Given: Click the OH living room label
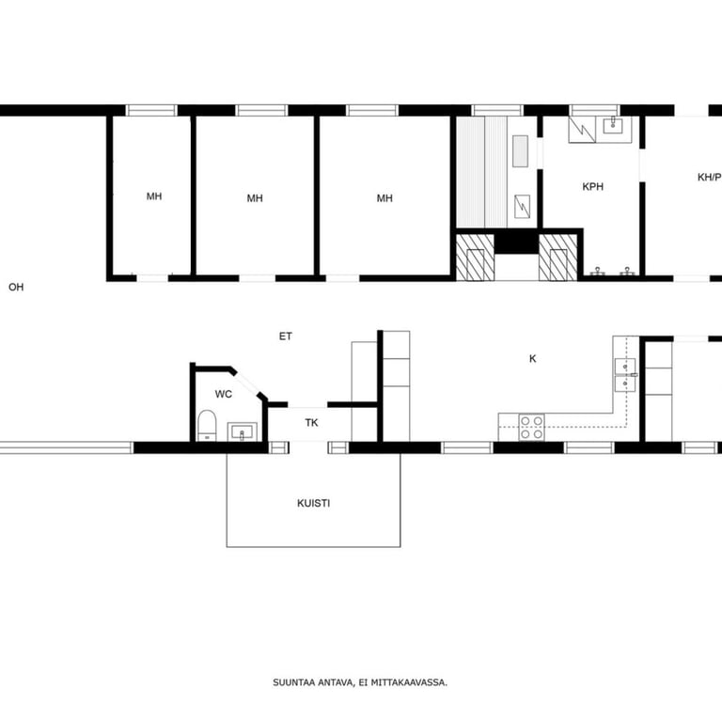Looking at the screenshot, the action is pos(16,287).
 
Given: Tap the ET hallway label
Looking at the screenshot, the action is pos(286,337).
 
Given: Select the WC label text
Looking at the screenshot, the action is pos(224,394).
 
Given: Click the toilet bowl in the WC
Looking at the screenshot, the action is pos(207,426).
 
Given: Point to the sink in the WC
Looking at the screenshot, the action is pos(242,432).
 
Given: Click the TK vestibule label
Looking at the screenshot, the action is pos(312,422).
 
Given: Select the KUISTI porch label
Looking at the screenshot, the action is pos(314,503).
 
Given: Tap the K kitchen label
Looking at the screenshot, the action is pos(533,358).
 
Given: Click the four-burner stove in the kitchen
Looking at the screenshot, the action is pos(532,428).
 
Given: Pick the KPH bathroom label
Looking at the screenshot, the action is pos(593,186).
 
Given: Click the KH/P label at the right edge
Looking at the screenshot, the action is pos(710,178).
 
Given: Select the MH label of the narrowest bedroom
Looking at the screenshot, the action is pos(154,196).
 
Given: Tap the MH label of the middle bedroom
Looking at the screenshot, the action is pos(255,198).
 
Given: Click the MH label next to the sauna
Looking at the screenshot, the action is pos(385,198).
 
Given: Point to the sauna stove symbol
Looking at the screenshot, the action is pos(522,206).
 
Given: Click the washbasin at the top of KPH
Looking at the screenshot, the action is pos(613,125).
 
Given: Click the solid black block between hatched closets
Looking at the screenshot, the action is pos(517,243).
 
